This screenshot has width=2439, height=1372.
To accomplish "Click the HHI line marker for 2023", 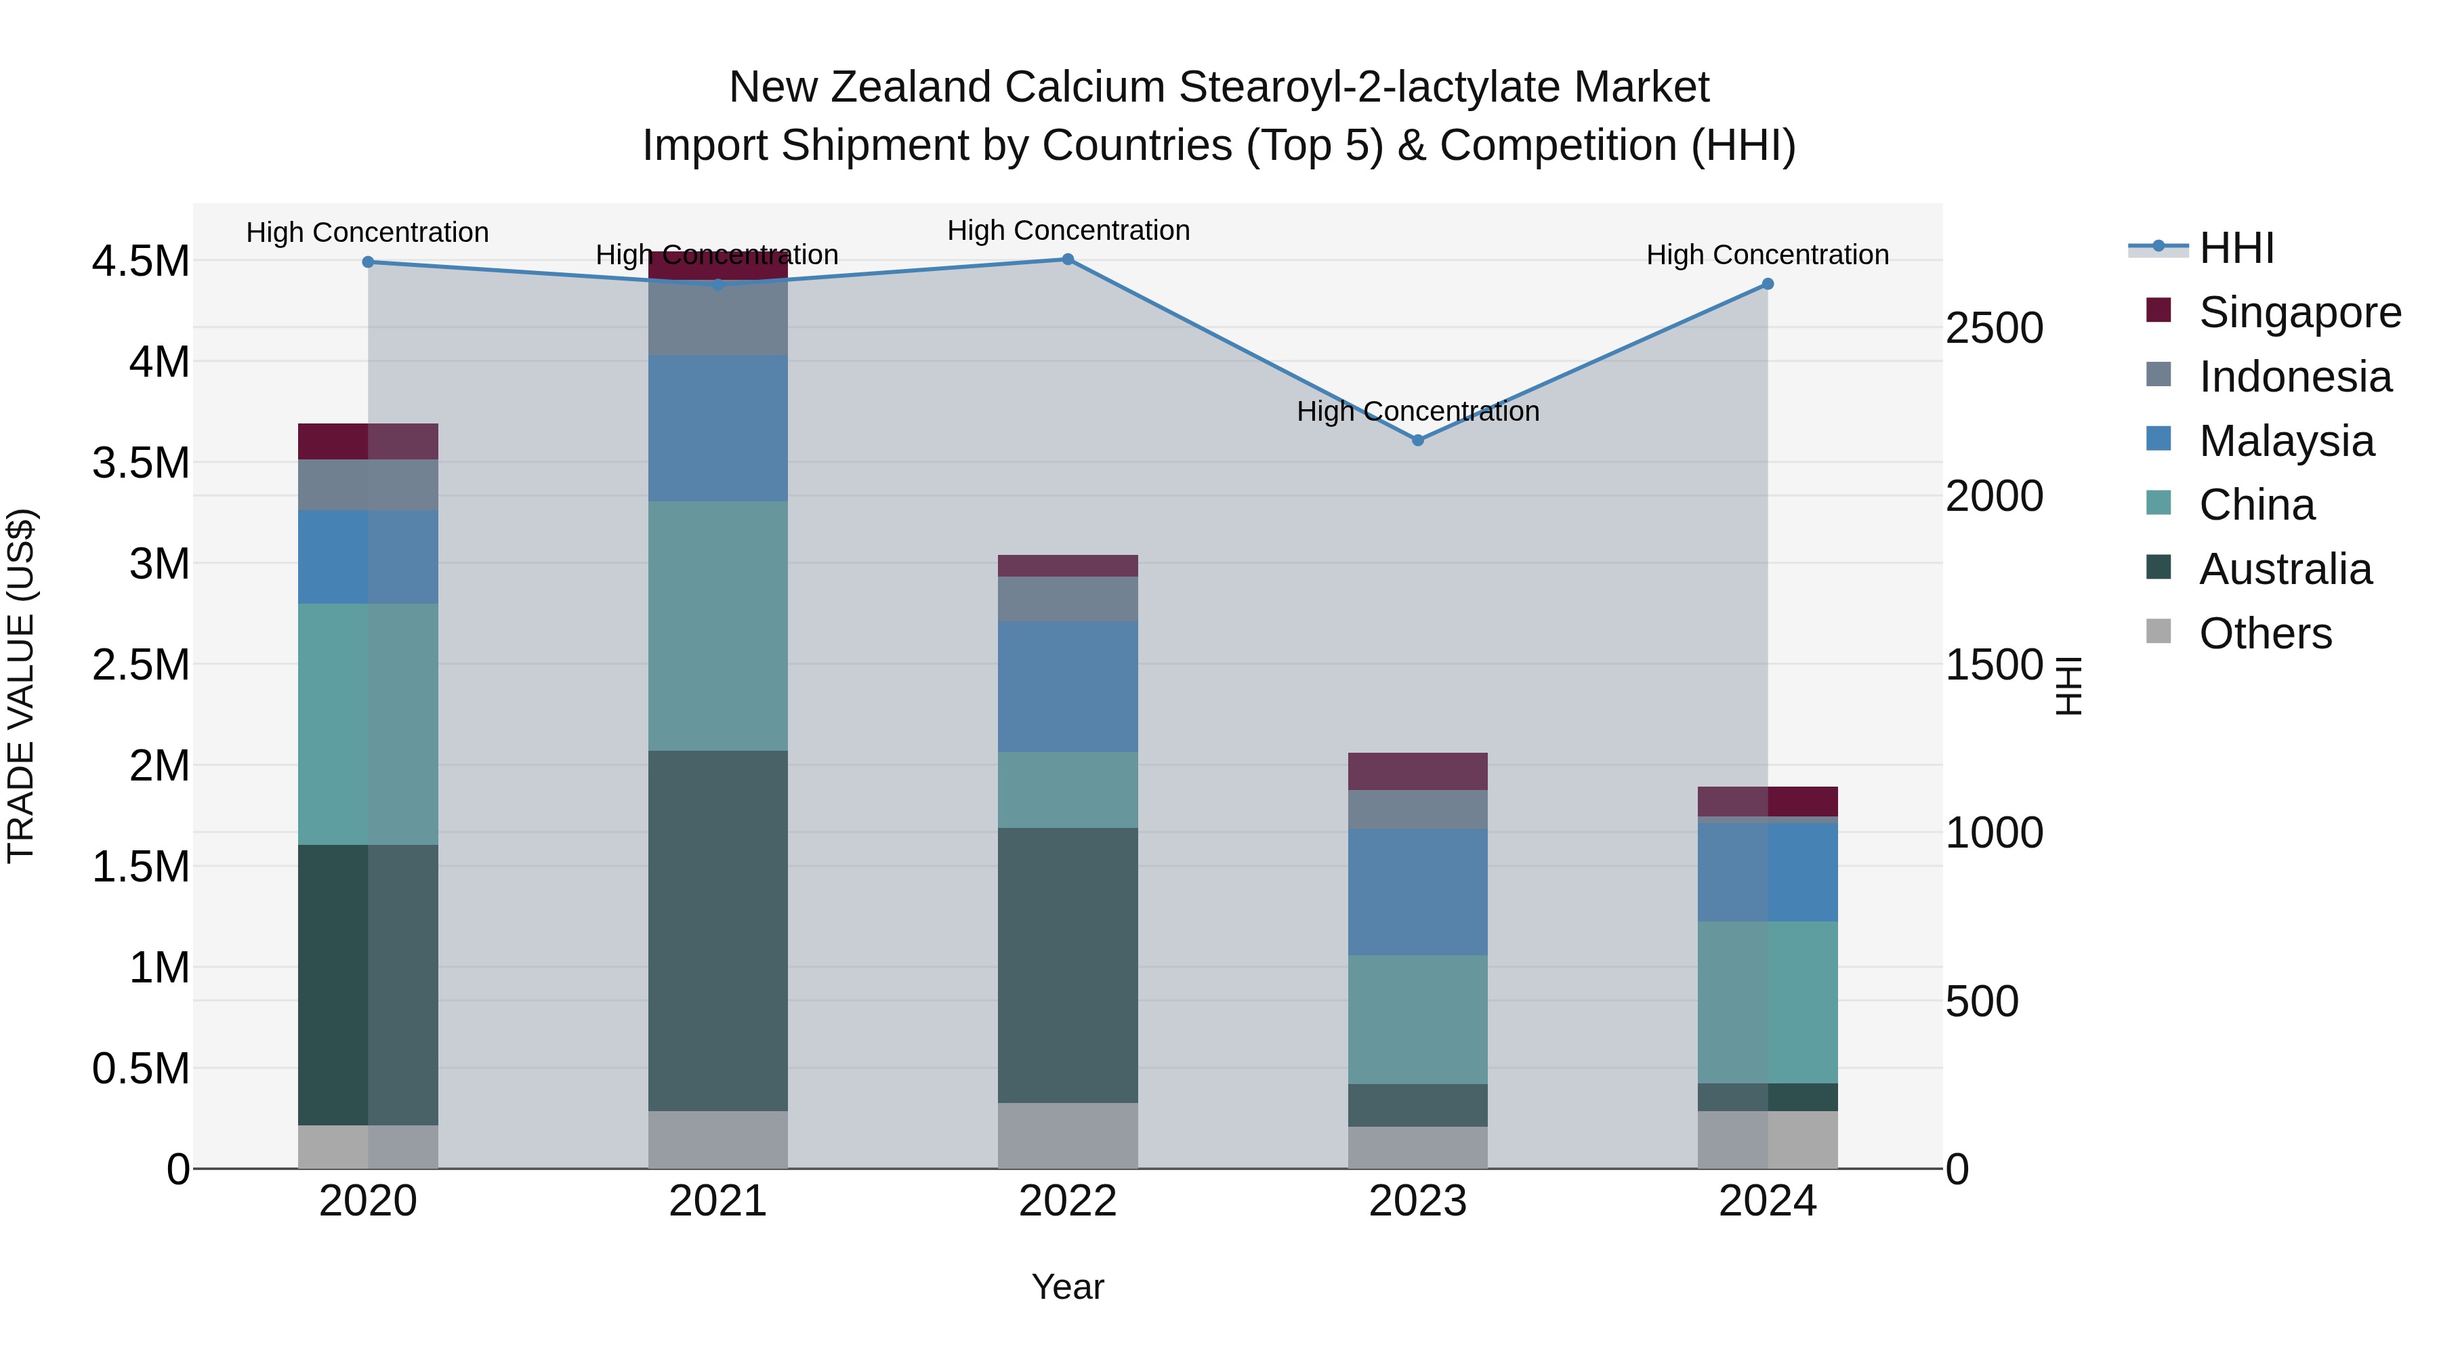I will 1417,440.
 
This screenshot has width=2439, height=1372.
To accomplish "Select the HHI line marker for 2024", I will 1768,284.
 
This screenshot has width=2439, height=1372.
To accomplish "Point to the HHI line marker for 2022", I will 1068,259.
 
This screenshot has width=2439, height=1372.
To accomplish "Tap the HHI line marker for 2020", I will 369,262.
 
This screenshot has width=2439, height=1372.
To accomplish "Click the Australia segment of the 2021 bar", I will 717,931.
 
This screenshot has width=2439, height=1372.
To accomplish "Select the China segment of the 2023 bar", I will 1417,1020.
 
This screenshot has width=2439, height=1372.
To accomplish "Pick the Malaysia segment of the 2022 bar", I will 1068,686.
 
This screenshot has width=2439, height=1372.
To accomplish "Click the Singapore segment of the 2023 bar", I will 1417,772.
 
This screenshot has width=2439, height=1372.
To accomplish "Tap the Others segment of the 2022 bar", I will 1068,1136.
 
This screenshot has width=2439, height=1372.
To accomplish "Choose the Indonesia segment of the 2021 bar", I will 717,320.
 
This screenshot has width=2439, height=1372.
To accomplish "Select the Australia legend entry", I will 2285,569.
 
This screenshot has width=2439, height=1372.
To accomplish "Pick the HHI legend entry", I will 2236,248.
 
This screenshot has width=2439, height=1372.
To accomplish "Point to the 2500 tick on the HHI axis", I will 1994,329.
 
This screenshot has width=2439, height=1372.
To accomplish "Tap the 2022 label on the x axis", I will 1068,1201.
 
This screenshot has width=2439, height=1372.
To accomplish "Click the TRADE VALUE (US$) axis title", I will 21,686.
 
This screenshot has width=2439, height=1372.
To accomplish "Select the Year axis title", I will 1068,1287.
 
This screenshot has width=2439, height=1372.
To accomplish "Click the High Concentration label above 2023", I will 1417,411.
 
